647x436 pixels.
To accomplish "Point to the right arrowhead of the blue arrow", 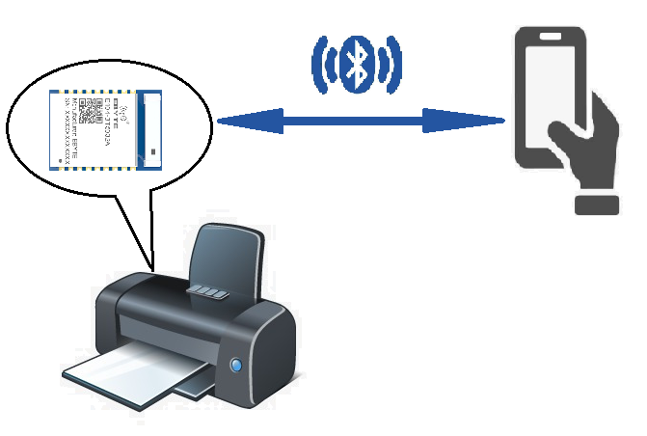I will (486, 121).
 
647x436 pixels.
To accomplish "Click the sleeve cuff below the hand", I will (595, 204).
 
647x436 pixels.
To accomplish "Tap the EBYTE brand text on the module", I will (125, 102).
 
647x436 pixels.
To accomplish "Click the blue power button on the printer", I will (236, 366).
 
